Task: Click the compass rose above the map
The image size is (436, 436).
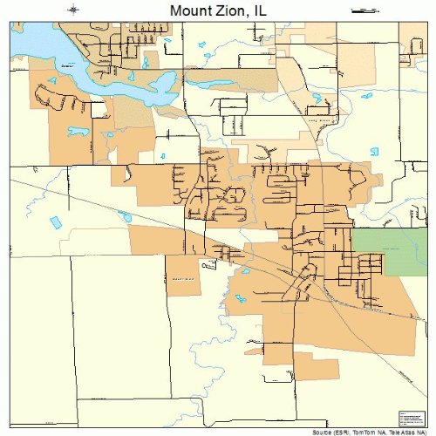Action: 75,10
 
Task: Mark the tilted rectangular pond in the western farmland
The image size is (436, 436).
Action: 57,221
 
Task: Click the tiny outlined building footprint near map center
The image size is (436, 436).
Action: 207,263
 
